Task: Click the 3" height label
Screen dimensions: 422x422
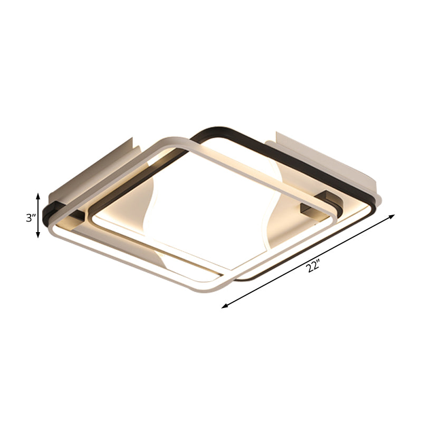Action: (x=30, y=217)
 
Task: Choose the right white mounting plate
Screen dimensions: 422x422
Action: (x=322, y=158)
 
